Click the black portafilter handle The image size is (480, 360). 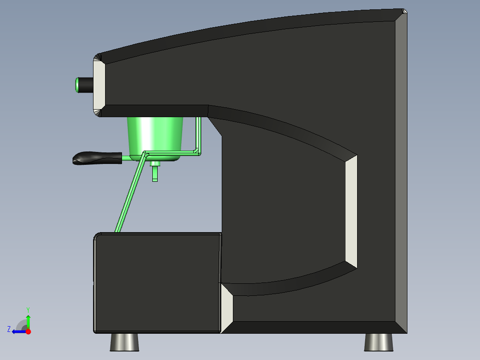pos(97,158)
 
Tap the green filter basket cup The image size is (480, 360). pos(155,138)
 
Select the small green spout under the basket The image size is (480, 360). pos(155,172)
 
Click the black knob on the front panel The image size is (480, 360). pos(86,85)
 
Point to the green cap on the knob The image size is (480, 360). pos(77,85)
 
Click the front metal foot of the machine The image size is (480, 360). pos(125,342)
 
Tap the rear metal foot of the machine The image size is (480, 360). pos(378,342)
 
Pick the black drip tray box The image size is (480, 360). pos(157,283)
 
